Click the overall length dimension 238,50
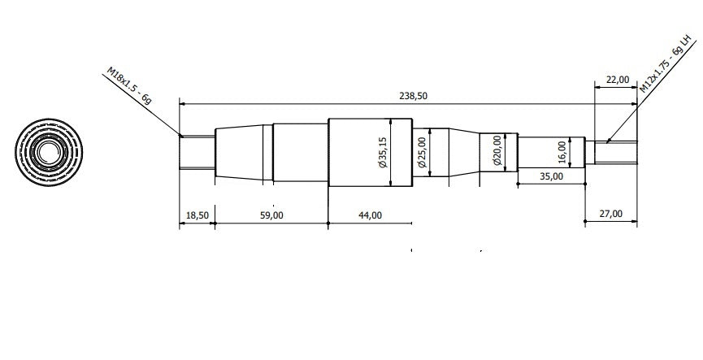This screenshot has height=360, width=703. (x=413, y=96)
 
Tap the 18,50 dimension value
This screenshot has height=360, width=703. (x=197, y=215)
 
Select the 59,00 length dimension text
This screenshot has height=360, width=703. (x=271, y=215)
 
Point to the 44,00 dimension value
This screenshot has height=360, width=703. (x=371, y=215)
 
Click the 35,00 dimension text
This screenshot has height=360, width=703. (x=551, y=176)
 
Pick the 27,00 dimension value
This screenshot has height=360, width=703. (x=610, y=214)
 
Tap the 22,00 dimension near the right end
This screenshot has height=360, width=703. (x=618, y=80)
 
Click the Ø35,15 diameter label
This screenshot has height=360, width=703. (x=383, y=153)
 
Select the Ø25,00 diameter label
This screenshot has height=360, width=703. (x=422, y=153)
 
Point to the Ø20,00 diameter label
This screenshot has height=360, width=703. (x=497, y=150)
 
